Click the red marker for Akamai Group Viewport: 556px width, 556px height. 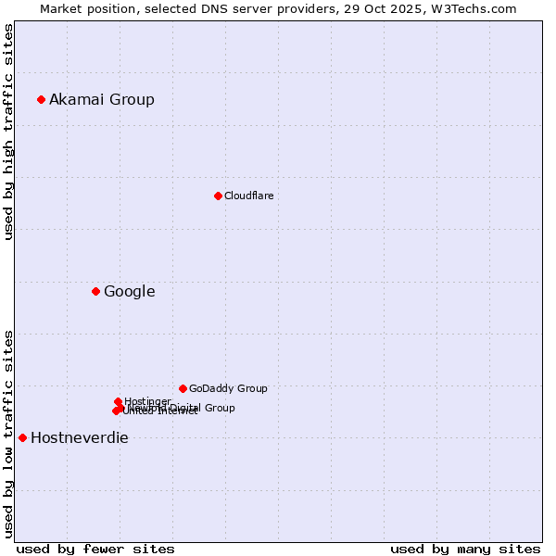tap(41, 99)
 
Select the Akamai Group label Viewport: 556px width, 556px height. tap(102, 100)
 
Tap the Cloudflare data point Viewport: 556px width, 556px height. tap(218, 196)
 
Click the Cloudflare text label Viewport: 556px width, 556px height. tap(248, 196)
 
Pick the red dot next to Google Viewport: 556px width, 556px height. tap(95, 291)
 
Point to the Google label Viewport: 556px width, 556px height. tap(129, 292)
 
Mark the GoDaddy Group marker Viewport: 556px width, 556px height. tap(183, 388)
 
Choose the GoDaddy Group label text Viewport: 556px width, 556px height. tap(228, 389)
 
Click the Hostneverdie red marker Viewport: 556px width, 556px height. tap(22, 437)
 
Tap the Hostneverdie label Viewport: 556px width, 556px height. tap(80, 438)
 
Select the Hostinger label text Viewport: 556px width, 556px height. tap(147, 401)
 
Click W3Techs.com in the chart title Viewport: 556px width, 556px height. tap(477, 8)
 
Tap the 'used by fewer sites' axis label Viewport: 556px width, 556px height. tap(95, 549)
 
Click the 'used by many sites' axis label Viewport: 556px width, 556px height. tap(465, 549)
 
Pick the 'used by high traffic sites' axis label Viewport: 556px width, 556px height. tap(8, 133)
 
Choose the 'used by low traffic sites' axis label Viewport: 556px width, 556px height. tap(8, 433)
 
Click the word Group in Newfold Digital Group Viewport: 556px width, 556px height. tap(220, 408)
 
